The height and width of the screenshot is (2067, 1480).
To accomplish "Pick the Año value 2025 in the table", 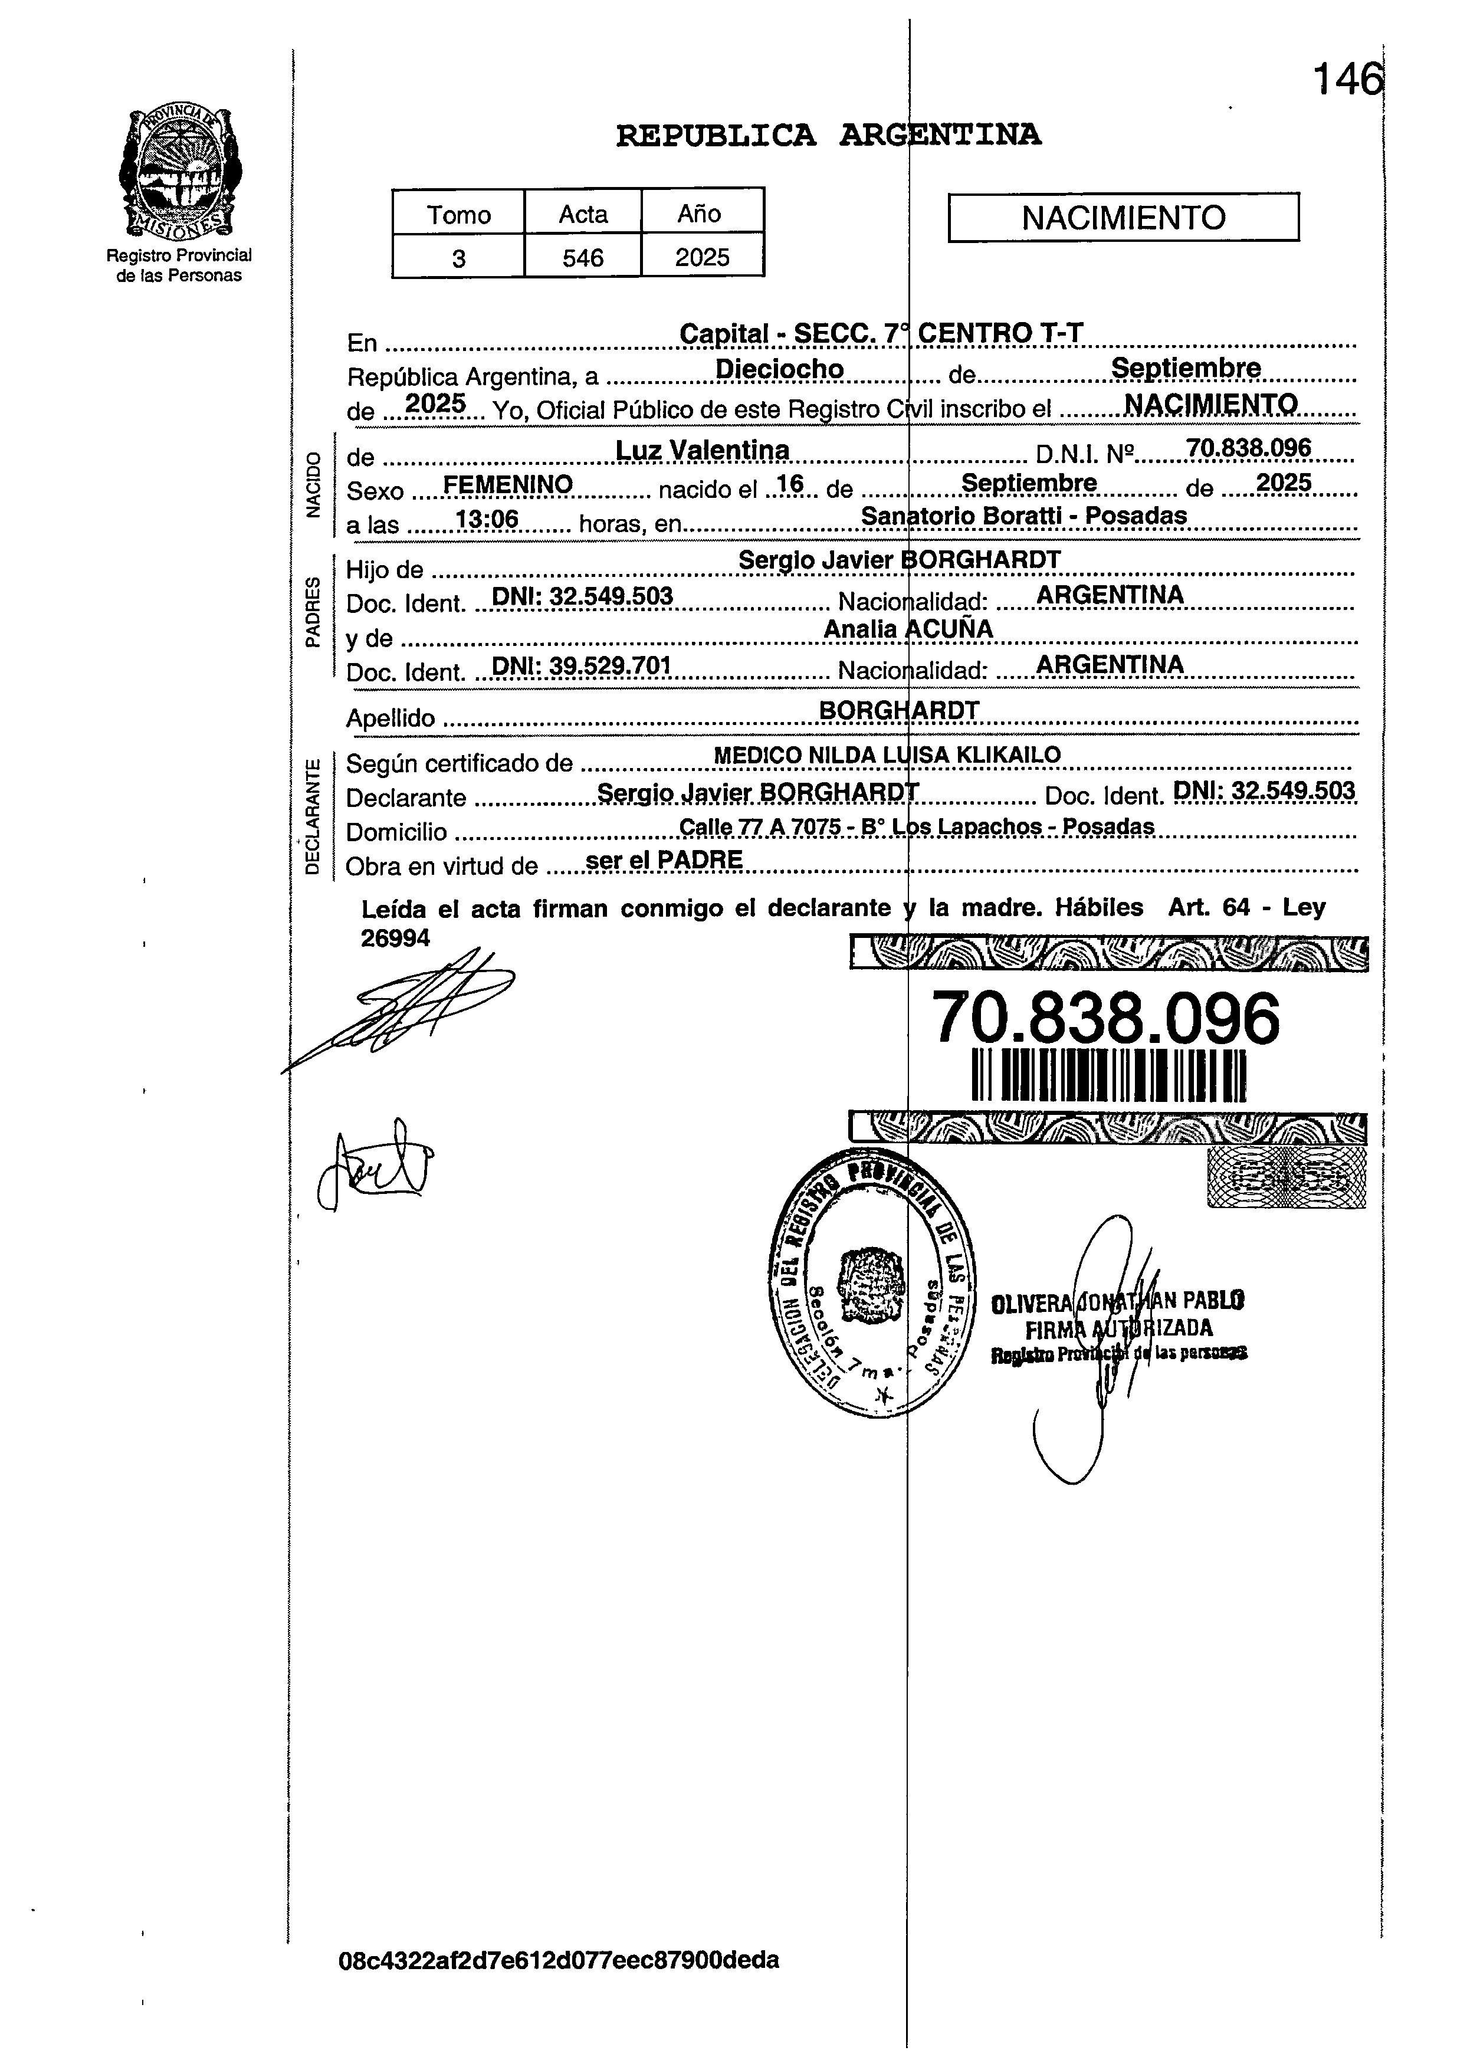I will tap(702, 257).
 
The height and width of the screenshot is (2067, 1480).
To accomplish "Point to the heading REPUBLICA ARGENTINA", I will tap(828, 135).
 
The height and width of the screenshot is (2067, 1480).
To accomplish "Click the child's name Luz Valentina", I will tap(702, 450).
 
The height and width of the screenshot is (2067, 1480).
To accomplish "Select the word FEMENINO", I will tap(508, 485).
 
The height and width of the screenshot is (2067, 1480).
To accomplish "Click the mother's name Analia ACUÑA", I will tap(908, 629).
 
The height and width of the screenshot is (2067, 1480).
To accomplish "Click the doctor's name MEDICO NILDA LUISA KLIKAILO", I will tap(887, 754).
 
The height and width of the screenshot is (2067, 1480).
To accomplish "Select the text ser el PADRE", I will tap(664, 860).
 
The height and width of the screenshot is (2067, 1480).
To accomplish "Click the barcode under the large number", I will tap(1108, 1075).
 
